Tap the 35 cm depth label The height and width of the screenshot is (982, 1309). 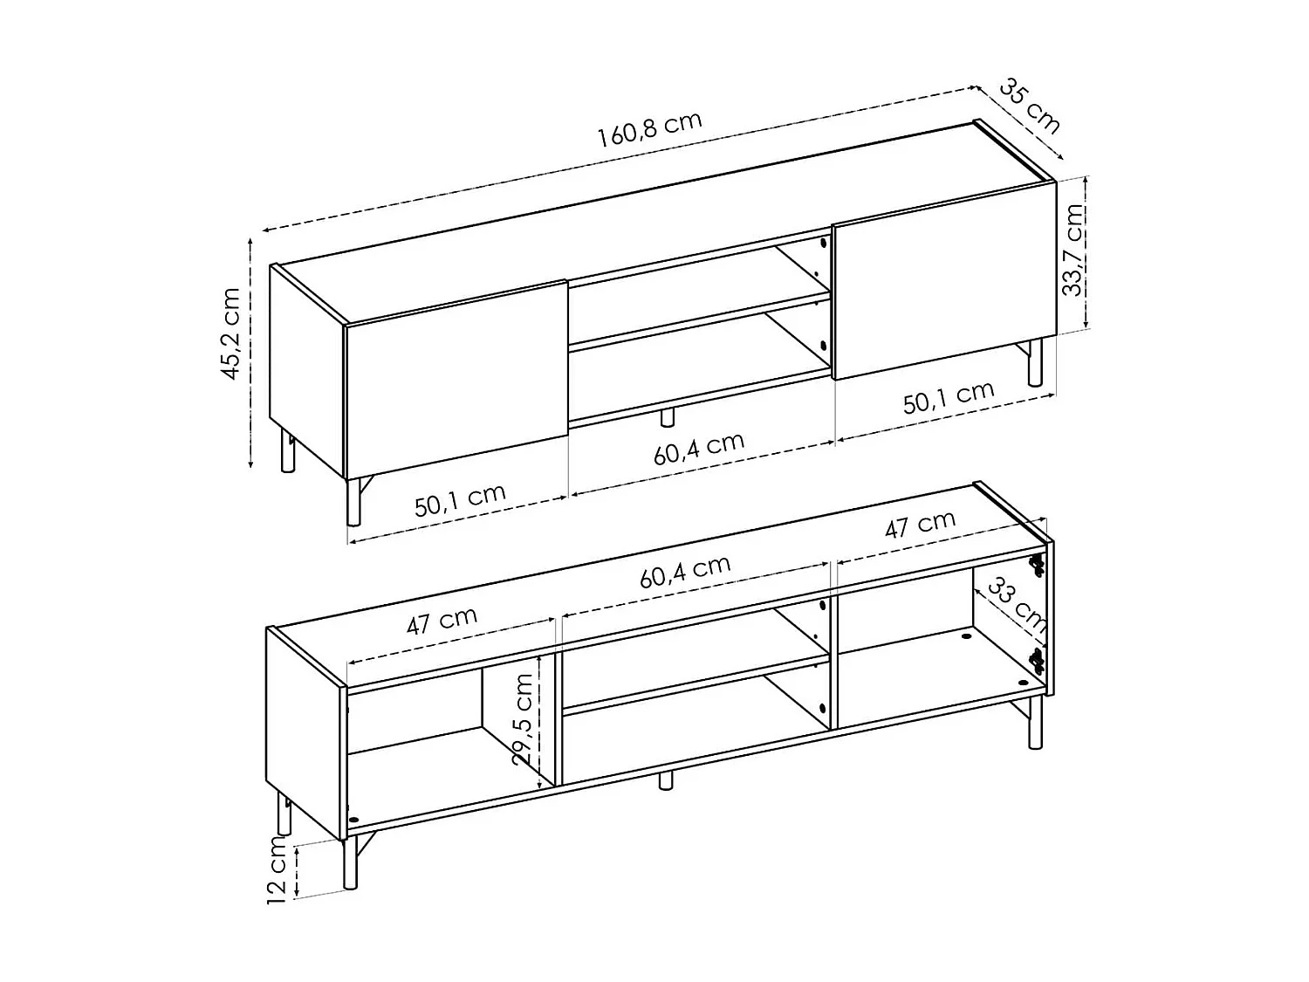(1030, 106)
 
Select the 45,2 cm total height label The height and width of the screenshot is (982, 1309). (230, 333)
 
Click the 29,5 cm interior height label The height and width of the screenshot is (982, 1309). (524, 719)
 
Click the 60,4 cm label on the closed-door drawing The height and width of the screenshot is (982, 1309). (699, 448)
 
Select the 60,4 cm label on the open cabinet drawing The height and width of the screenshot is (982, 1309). (685, 571)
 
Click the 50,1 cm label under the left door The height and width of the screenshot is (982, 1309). (460, 500)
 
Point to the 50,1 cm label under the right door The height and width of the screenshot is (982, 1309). (949, 397)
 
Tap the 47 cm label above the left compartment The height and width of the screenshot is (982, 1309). (442, 621)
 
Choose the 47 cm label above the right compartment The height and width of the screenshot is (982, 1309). (920, 525)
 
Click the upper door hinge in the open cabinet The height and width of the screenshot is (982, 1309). (1037, 565)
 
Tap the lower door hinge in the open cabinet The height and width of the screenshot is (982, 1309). (1037, 660)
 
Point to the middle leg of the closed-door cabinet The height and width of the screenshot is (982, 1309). (668, 416)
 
